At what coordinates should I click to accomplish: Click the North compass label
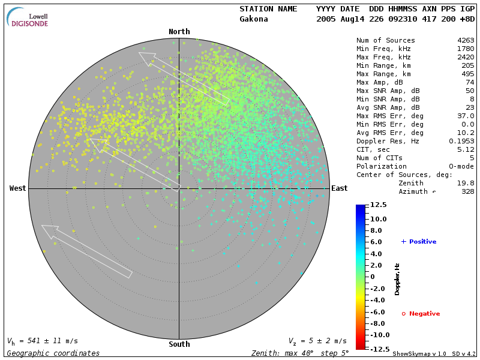point(179,32)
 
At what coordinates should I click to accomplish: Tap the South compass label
point(179,344)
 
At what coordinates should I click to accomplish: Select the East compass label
point(340,188)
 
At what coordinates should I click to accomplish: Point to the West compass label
point(18,188)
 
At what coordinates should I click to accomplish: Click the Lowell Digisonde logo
point(29,19)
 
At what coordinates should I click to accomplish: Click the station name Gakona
point(254,19)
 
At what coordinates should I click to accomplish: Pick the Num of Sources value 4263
point(466,40)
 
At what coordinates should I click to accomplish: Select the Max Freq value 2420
point(466,57)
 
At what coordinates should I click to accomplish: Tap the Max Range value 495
point(467,74)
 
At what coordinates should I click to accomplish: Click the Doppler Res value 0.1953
point(461,141)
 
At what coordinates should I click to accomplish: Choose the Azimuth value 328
point(467,191)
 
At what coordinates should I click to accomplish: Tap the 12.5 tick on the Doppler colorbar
point(378,205)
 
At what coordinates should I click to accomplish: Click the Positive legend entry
point(419,242)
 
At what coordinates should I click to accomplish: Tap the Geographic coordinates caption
point(53,353)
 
